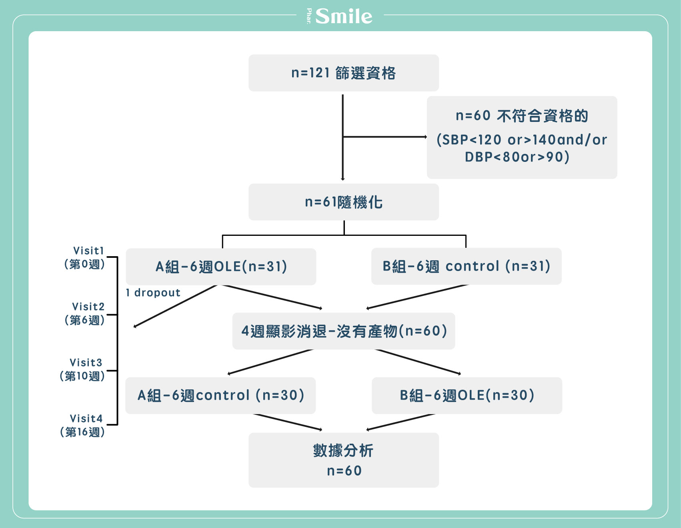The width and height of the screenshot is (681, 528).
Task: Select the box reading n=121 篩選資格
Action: click(x=344, y=73)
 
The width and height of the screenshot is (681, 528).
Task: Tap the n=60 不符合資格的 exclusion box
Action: click(x=522, y=137)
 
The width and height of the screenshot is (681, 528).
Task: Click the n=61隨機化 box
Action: click(x=344, y=202)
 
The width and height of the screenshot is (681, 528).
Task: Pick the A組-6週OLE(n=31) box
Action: click(x=221, y=267)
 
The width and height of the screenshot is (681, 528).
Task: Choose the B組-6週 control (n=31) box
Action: click(x=467, y=266)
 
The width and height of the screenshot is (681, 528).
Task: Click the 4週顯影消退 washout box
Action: click(x=344, y=331)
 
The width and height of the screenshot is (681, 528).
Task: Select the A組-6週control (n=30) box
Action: click(x=220, y=395)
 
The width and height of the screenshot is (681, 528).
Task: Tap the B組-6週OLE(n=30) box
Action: click(x=467, y=395)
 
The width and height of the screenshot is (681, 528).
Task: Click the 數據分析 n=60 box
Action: click(x=344, y=460)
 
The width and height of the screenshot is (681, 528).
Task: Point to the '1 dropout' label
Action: click(x=153, y=293)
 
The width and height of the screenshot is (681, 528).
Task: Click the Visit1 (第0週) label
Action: click(x=84, y=257)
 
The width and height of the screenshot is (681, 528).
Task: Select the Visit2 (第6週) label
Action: click(x=84, y=313)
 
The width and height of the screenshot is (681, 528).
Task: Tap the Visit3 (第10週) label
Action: click(x=82, y=369)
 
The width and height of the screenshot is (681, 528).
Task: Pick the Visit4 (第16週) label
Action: click(x=82, y=425)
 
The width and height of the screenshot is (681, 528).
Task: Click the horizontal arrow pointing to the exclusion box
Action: click(x=385, y=137)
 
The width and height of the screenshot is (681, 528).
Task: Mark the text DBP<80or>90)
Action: click(x=517, y=157)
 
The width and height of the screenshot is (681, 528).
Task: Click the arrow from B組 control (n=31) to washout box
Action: click(x=417, y=297)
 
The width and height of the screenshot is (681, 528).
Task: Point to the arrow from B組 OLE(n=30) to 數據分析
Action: click(x=401, y=422)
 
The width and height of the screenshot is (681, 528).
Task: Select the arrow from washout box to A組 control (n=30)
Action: click(x=270, y=362)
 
